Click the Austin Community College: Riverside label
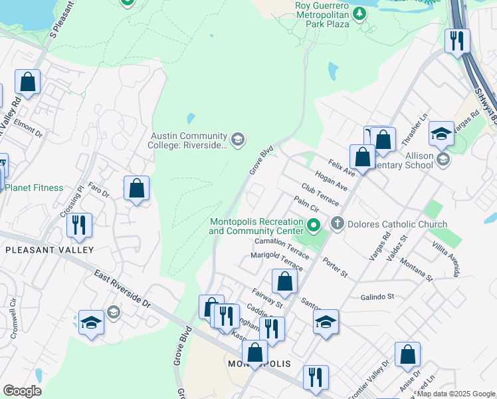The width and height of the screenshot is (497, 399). click(x=190, y=140)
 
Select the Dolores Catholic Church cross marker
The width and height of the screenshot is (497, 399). click(x=338, y=224)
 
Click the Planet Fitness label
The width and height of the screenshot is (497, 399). click(x=35, y=188)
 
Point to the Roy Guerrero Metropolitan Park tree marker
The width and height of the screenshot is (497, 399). click(x=359, y=13)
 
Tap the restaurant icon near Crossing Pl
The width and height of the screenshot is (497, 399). click(x=79, y=225)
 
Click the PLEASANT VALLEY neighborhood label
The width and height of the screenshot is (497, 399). click(x=49, y=250)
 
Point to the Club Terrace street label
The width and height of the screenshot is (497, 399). click(x=320, y=194)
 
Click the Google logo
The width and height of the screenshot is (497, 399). click(x=22, y=391)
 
